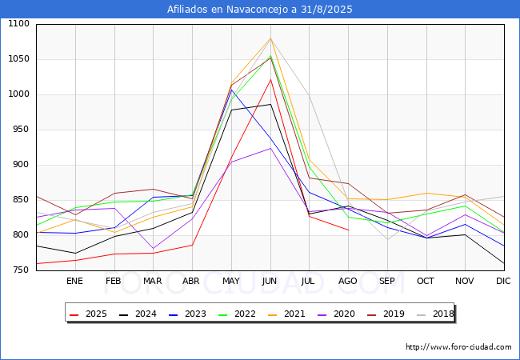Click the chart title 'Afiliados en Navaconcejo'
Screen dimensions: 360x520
tap(260, 10)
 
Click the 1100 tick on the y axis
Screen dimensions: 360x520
tap(17, 24)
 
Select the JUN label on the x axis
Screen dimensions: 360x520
tap(270, 282)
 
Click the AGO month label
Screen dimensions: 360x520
tap(348, 282)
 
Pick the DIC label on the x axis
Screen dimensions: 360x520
tap(503, 282)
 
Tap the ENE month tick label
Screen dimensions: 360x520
tap(74, 282)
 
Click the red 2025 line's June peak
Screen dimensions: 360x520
tap(270, 79)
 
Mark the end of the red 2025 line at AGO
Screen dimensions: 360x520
tap(348, 230)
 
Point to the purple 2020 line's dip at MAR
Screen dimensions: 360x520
tap(153, 249)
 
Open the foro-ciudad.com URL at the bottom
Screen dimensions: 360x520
tap(458, 347)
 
